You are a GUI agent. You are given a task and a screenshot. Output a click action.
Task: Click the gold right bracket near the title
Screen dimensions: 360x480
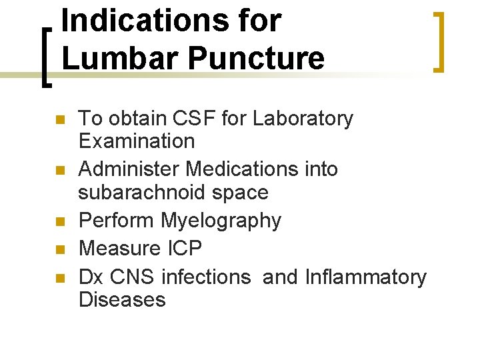(439, 41)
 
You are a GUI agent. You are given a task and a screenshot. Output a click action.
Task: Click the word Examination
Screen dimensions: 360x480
(137, 141)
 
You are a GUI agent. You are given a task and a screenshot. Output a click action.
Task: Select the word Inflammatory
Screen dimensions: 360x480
(365, 277)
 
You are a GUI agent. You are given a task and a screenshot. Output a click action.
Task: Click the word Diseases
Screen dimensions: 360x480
(122, 299)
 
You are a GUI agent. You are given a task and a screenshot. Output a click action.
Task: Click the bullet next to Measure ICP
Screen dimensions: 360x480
(59, 250)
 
